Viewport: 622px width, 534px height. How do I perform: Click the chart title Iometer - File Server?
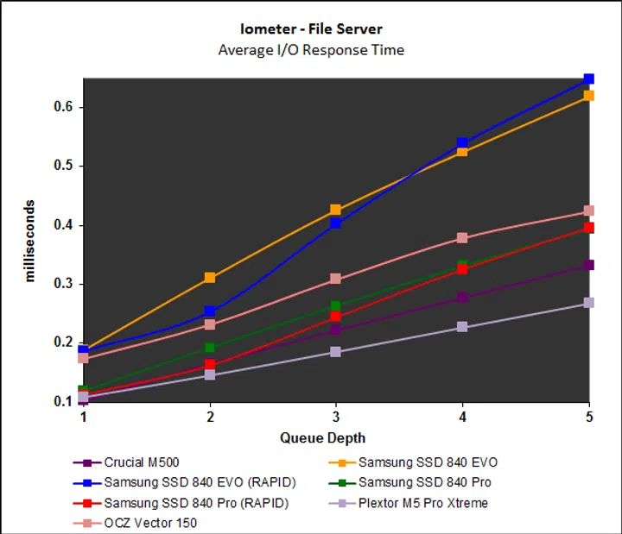[311, 29]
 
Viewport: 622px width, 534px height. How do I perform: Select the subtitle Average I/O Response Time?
[311, 49]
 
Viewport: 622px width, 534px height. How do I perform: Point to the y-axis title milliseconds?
[29, 241]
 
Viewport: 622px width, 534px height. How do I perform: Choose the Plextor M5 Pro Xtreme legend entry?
[422, 503]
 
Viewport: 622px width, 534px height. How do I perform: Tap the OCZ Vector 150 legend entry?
[146, 523]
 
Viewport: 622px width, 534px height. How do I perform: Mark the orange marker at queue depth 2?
[210, 278]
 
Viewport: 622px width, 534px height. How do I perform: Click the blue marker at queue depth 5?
[589, 79]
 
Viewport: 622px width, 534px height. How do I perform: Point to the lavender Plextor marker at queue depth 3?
[336, 352]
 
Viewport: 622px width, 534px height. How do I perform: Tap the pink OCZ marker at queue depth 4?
[462, 238]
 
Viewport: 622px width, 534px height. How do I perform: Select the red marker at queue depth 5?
[589, 228]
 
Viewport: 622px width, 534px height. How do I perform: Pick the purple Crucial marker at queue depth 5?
[589, 265]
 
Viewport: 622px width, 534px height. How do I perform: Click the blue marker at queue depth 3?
[336, 223]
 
